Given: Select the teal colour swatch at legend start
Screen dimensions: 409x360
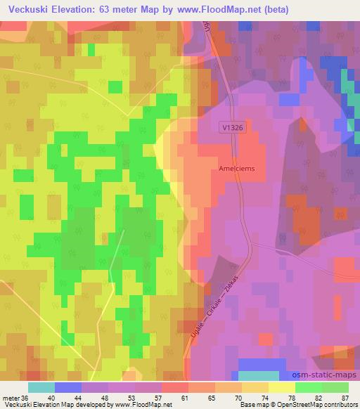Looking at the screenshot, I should [x=41, y=387].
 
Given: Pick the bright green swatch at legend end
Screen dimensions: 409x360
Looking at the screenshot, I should [x=335, y=387].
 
